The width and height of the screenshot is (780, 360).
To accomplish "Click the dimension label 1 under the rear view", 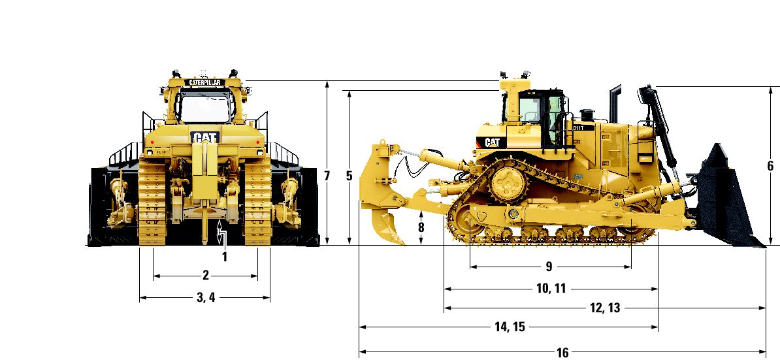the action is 224,257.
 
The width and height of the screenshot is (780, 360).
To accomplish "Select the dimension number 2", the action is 205,276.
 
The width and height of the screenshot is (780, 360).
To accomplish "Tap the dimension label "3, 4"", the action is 205,297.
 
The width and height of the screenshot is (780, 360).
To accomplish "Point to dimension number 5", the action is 349,176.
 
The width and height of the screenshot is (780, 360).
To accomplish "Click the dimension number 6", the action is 771,165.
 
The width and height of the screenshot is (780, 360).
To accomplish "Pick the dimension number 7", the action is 327,176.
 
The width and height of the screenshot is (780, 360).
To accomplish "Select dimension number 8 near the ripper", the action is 421,227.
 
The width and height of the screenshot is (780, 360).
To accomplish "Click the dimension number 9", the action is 549,267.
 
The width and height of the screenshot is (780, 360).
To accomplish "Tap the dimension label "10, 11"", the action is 551,288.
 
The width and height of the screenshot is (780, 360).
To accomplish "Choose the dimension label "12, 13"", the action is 606,308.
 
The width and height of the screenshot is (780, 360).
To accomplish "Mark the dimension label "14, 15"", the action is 510,327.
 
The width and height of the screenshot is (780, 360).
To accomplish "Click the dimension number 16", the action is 562,353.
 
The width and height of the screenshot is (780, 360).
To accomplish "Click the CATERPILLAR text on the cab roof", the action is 204,82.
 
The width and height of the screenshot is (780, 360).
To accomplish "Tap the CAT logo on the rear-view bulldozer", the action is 205,137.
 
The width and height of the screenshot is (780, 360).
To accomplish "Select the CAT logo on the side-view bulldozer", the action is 492,142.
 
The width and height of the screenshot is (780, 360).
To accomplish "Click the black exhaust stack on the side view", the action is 615,103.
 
